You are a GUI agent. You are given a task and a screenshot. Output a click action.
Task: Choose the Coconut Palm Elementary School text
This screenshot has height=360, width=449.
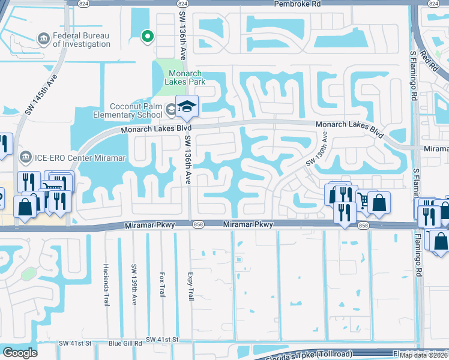coord(136,110)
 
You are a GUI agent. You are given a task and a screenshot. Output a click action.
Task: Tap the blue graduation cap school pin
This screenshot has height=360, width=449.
coord(187,106)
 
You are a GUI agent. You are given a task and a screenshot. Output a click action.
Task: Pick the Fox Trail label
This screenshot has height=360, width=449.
coord(161,282)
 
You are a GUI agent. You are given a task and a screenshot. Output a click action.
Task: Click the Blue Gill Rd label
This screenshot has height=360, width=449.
coord(125,343)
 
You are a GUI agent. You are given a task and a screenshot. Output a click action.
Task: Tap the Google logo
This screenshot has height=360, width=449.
coord(20,352)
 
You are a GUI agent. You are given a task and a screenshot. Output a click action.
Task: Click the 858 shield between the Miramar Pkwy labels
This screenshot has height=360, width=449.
coord(198,224)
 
